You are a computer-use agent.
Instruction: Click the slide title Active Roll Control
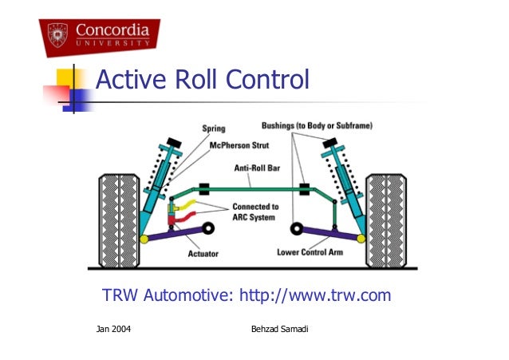[x=201, y=81]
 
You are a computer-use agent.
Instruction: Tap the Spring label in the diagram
[x=214, y=128]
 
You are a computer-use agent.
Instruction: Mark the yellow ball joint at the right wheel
[x=364, y=237]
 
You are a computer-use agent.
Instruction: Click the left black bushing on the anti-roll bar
[x=204, y=189]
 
